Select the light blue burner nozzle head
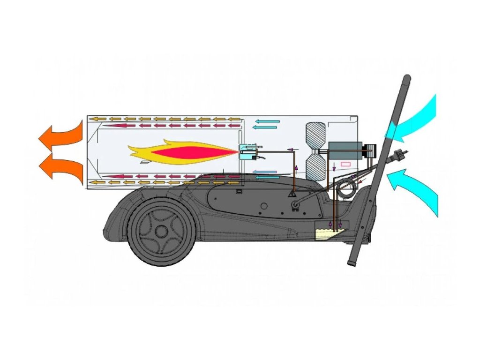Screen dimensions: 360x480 click(x=245, y=152)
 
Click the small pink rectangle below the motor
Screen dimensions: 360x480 click(x=345, y=165)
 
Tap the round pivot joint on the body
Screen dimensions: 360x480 click(x=296, y=205)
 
